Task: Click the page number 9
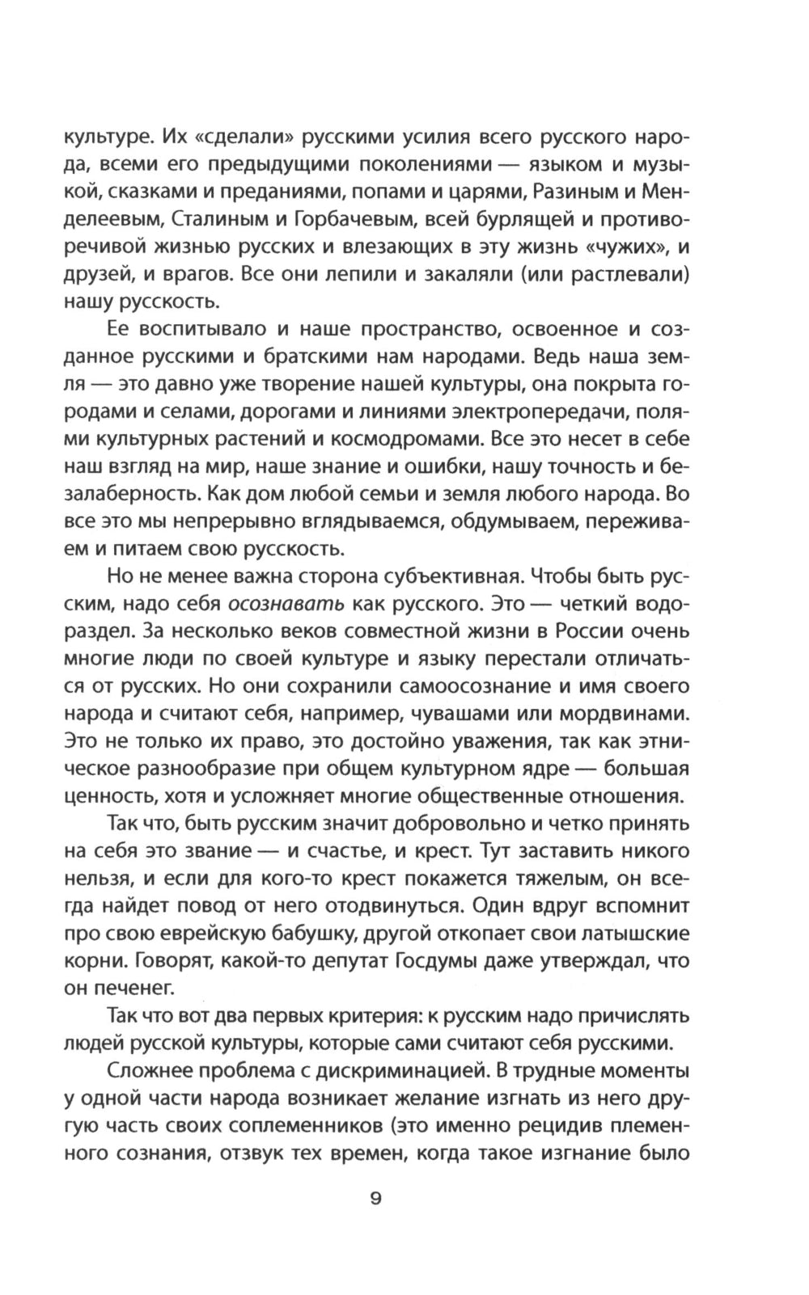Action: pyautogui.click(x=375, y=1199)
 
